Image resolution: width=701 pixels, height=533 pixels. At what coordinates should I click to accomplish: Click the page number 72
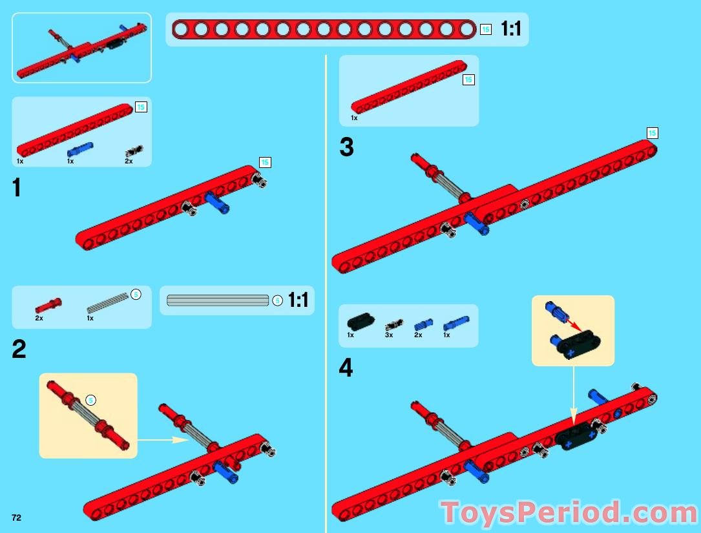tap(17, 517)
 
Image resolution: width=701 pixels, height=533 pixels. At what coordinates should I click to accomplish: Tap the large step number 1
tap(17, 187)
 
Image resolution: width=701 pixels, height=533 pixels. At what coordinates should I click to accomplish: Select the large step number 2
tap(19, 350)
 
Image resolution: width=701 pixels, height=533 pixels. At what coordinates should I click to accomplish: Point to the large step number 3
tap(346, 147)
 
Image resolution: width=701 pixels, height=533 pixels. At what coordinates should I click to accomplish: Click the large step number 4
tap(346, 368)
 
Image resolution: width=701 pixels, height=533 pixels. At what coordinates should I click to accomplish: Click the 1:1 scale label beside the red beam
tap(511, 29)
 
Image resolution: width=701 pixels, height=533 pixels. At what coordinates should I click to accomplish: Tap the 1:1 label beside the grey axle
tap(298, 300)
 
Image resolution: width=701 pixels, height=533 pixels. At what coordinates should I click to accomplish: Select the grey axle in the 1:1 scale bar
tap(218, 300)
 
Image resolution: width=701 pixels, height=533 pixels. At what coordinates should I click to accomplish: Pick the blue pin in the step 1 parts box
tap(80, 150)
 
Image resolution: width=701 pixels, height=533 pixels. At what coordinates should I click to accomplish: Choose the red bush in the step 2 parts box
tap(48, 306)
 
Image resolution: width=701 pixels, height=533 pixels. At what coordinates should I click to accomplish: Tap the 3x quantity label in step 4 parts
tap(389, 335)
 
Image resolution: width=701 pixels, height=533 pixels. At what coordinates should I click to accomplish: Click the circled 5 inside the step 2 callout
tap(90, 400)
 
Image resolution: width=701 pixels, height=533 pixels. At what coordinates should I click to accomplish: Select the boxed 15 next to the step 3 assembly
tap(653, 133)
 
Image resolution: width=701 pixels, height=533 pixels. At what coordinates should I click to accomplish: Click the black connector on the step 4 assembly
tap(578, 437)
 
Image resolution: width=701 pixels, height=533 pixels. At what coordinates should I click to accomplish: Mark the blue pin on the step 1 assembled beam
tap(217, 203)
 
